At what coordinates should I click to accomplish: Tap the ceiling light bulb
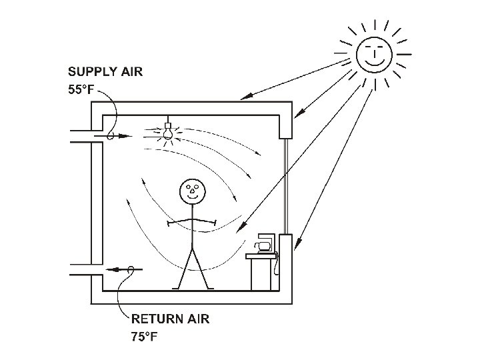click(x=168, y=131)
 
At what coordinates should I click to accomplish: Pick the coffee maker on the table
click(x=264, y=243)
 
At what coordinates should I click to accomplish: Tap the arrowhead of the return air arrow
click(x=111, y=270)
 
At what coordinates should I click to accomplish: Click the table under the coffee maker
click(x=263, y=272)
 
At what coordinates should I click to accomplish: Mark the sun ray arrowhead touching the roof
click(x=245, y=97)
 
